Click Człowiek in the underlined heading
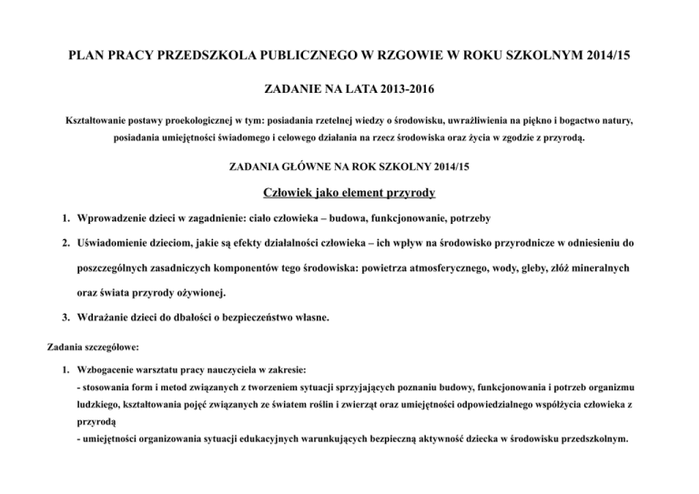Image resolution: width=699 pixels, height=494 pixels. pos(293,193)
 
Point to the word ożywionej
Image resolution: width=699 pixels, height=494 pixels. pos(204,294)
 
